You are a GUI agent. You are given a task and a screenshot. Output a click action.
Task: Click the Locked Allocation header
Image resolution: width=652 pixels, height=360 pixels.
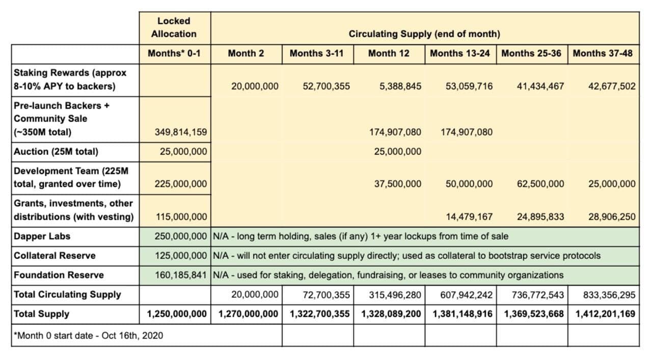(174, 27)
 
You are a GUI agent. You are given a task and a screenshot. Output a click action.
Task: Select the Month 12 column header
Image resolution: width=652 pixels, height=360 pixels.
(389, 53)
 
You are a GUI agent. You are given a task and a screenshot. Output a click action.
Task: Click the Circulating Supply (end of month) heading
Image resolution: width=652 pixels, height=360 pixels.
(424, 34)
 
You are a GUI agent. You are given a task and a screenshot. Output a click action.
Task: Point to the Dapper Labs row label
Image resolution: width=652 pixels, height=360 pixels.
(42, 236)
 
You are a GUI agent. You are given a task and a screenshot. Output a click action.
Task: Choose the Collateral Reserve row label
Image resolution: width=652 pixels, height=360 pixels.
(55, 256)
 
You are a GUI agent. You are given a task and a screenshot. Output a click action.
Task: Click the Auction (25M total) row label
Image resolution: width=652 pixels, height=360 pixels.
(56, 152)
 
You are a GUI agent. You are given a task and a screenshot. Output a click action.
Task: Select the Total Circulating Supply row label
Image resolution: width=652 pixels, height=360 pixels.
(67, 294)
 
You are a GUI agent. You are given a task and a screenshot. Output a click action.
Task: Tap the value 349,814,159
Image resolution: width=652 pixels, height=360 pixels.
(181, 132)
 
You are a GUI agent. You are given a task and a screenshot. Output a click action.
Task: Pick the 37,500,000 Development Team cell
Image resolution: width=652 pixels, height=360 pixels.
(398, 184)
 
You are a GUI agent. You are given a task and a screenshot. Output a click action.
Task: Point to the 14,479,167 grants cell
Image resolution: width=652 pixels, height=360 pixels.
(469, 217)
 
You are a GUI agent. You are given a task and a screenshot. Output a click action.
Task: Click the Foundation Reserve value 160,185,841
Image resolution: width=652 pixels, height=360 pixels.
(181, 275)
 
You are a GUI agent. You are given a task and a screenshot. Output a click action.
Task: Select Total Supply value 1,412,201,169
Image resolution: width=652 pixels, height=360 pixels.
(606, 314)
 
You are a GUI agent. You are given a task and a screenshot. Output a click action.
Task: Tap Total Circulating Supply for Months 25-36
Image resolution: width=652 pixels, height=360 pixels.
(534, 295)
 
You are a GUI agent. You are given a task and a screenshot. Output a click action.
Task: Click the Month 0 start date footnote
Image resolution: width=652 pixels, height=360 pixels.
(89, 336)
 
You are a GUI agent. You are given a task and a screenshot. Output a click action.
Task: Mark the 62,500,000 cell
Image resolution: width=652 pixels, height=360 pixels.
(540, 184)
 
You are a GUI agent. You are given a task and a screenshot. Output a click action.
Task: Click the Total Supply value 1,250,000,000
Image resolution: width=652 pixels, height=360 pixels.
(177, 314)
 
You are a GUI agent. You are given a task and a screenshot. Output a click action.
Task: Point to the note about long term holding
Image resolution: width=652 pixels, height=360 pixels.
(360, 236)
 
